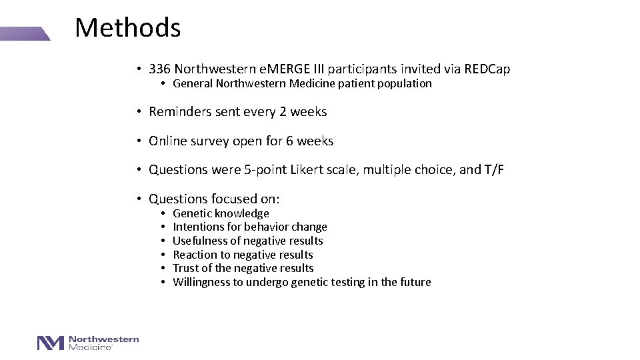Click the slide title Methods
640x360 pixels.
[127, 28]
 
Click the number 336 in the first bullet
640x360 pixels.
[160, 69]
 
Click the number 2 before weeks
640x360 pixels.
[283, 112]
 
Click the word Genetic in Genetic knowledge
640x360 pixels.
[192, 213]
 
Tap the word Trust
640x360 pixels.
[186, 268]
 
